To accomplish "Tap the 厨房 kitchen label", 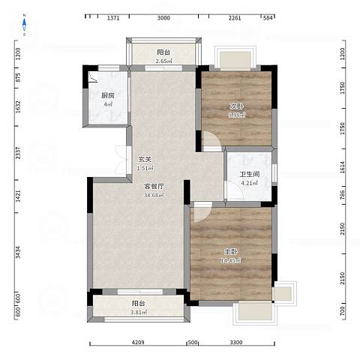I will coord(107,95).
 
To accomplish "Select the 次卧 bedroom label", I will coord(236,106).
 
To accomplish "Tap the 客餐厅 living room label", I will coord(154,186).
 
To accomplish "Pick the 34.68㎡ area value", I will coord(154,195).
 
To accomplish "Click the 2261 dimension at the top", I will coord(233,17).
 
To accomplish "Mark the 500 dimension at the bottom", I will coord(192,343).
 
